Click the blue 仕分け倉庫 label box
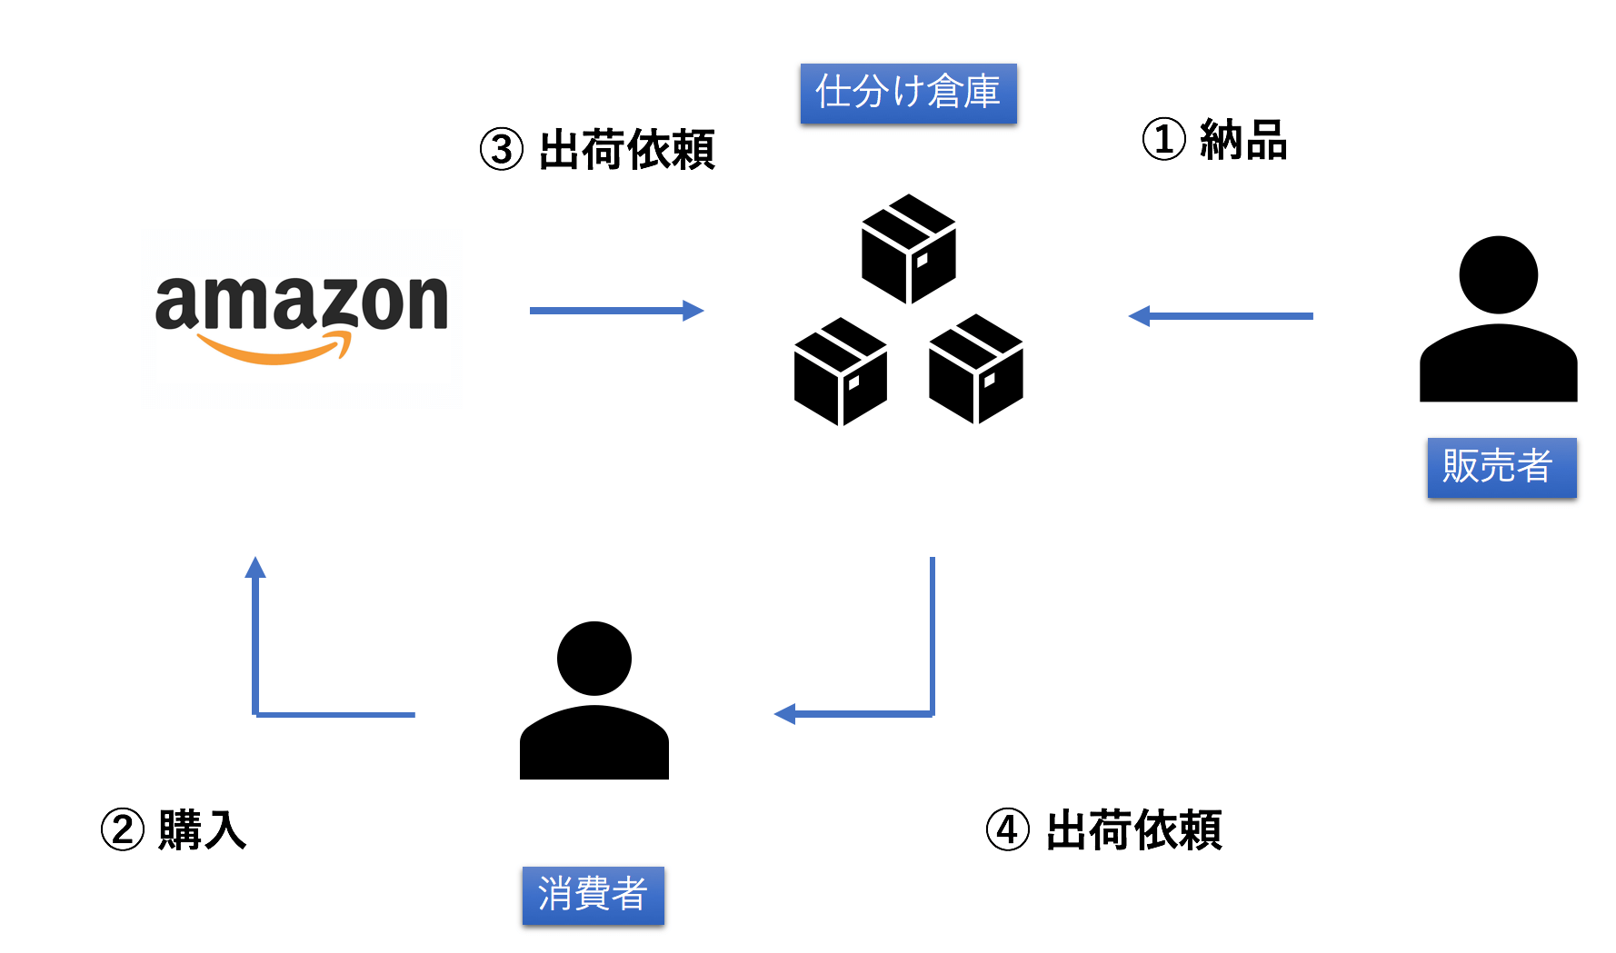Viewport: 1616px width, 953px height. point(908,94)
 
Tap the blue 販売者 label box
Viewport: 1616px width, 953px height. point(1501,468)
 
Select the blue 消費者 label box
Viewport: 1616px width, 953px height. point(593,896)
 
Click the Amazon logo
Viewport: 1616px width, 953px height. point(302,318)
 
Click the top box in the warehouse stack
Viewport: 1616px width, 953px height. point(909,248)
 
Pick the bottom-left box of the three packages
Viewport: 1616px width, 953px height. point(841,372)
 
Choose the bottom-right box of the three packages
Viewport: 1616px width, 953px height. point(976,369)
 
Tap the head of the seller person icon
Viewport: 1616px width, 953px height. point(1498,274)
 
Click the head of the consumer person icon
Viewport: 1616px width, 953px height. point(594,659)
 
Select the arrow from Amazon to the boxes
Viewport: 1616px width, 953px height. point(617,311)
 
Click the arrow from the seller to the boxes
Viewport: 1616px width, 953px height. point(1221,316)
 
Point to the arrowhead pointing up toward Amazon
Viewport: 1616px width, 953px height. point(255,567)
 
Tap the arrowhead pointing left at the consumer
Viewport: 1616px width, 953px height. point(784,714)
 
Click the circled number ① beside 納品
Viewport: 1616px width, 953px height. point(1164,140)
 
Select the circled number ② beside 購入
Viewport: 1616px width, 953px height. point(123,830)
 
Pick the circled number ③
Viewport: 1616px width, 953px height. point(502,150)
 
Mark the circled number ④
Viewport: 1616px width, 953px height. point(1008,830)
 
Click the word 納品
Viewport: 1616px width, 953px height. point(1243,141)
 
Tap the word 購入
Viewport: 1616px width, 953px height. point(202,830)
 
